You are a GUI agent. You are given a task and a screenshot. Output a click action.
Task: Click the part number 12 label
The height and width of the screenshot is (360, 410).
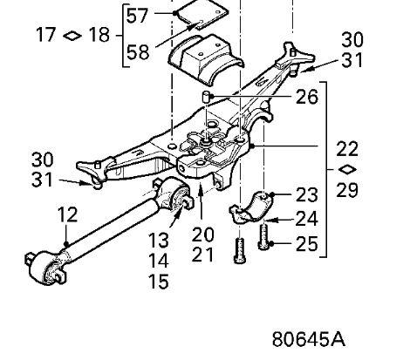tap(68, 214)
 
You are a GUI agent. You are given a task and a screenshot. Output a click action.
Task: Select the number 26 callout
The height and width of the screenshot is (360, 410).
tap(307, 97)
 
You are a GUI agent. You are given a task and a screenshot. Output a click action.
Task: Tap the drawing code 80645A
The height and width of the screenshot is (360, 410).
tap(309, 339)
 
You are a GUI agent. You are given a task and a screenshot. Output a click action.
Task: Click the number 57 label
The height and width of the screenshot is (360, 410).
tap(138, 16)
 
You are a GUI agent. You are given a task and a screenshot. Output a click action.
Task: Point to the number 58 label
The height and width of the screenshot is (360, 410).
tap(138, 52)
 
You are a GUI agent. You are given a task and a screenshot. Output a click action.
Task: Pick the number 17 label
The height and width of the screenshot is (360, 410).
tap(46, 34)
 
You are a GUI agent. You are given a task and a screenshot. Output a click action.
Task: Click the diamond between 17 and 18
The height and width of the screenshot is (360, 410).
tap(72, 36)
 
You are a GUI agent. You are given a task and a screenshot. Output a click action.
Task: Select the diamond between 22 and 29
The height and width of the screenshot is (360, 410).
tap(347, 169)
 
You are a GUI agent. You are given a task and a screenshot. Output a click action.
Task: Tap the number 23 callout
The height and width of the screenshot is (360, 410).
tap(307, 195)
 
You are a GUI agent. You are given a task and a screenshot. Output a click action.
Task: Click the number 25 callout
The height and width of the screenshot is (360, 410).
tap(307, 244)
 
